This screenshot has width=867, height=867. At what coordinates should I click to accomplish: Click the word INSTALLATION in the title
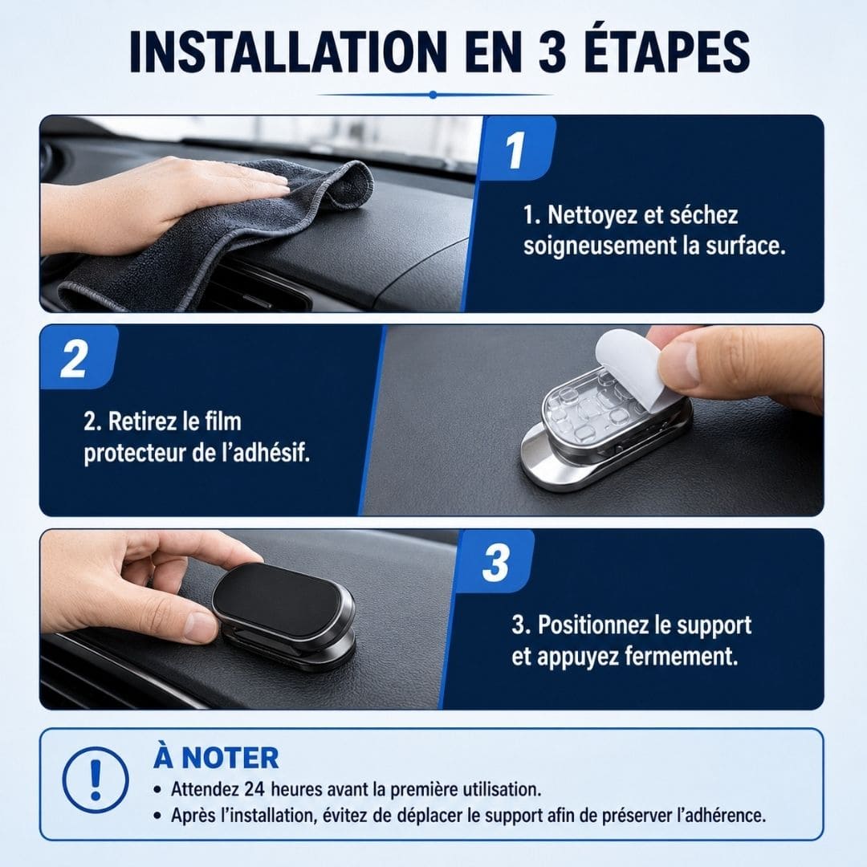point(288,51)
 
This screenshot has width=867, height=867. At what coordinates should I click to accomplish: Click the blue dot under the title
point(433,95)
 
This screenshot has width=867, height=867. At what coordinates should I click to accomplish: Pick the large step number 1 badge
point(516,149)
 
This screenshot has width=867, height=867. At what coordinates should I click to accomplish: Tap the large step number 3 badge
point(495,562)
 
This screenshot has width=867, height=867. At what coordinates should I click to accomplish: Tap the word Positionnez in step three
point(592,625)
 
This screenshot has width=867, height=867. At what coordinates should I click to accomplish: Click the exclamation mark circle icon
point(96,780)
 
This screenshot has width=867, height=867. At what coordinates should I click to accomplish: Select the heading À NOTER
point(216,757)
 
